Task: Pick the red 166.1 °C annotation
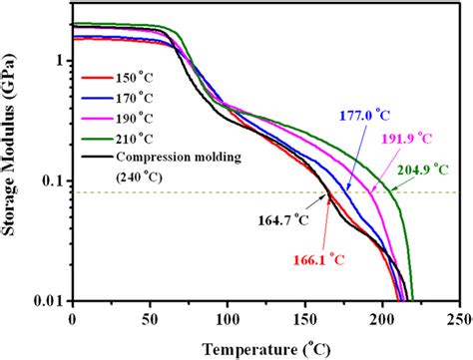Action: [x=316, y=257]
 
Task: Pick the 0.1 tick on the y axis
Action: [x=51, y=180]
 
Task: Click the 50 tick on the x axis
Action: [x=150, y=319]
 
